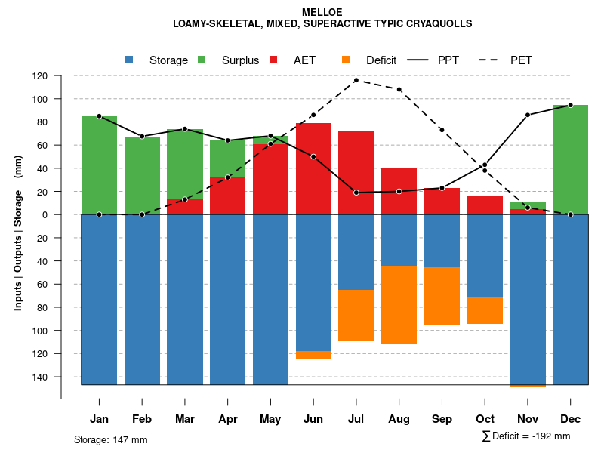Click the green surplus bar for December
click(570, 159)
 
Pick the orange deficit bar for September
click(442, 295)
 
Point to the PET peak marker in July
click(356, 80)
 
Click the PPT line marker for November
click(528, 115)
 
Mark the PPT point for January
click(99, 116)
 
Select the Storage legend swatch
click(130, 60)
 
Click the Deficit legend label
click(381, 60)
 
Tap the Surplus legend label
click(240, 60)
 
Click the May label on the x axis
click(270, 419)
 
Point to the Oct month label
click(485, 419)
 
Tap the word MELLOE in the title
click(322, 13)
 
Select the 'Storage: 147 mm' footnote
click(111, 439)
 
